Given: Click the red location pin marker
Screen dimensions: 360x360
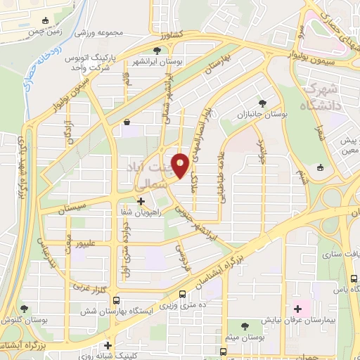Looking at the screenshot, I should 181,165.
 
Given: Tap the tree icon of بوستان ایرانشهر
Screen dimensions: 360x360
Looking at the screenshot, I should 156,51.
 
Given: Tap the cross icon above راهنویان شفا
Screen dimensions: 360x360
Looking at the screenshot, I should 141,201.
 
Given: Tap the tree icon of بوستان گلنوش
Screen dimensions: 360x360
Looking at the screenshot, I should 25,308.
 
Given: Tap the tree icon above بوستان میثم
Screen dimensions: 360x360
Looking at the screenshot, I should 244,326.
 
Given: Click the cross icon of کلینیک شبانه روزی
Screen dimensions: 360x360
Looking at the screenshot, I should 108,345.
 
